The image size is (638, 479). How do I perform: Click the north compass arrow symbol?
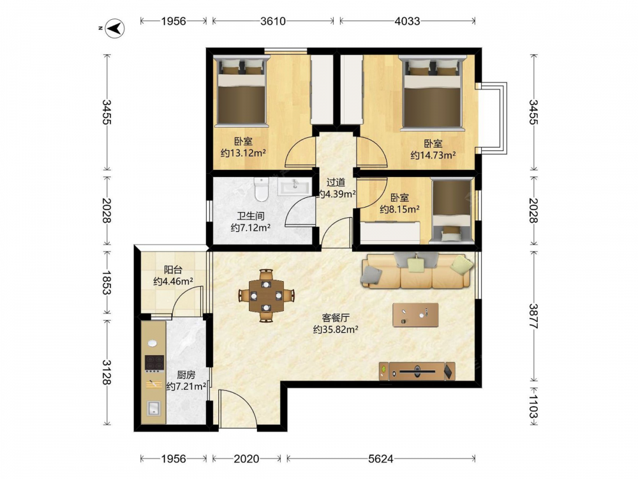click(x=115, y=29)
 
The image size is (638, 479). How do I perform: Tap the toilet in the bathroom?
click(x=261, y=189)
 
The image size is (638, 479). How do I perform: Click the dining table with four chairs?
click(x=266, y=295)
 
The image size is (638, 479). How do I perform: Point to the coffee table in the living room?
click(x=415, y=315)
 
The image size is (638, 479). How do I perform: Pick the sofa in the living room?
click(x=417, y=270)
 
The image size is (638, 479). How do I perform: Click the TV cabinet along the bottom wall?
click(x=417, y=371)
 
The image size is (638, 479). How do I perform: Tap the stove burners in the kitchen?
click(x=154, y=363)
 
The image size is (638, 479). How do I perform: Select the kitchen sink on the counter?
click(x=153, y=407)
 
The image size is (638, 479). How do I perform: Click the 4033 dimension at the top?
click(x=407, y=21)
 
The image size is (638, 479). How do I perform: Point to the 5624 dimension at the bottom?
click(x=380, y=459)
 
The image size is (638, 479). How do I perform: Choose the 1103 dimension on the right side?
click(x=533, y=406)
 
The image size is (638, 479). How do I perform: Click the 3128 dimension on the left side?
click(x=107, y=372)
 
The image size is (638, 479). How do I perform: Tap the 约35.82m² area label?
click(x=336, y=329)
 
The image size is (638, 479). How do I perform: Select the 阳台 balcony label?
click(x=173, y=270)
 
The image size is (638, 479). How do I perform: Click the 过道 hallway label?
click(x=336, y=183)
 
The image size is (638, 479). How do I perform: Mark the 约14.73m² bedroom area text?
click(x=433, y=155)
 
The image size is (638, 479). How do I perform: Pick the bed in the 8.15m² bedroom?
click(x=452, y=210)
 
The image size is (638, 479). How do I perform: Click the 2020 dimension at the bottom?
click(x=246, y=459)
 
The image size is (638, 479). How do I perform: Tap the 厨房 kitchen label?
click(x=186, y=375)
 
